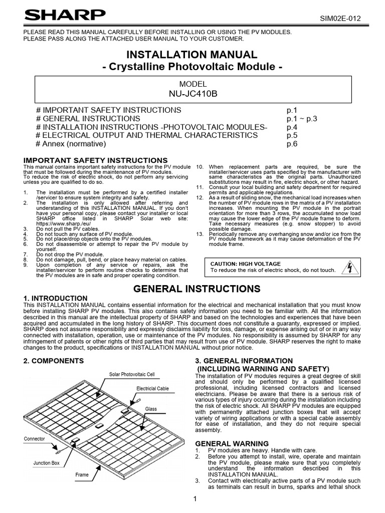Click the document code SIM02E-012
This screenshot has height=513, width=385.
click(x=340, y=19)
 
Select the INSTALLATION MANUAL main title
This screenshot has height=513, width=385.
click(x=192, y=55)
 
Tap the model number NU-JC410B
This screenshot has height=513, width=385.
click(x=192, y=94)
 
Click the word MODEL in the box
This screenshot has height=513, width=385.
click(x=192, y=84)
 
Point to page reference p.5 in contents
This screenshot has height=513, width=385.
click(x=292, y=135)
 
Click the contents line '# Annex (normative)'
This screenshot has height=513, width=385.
click(x=71, y=144)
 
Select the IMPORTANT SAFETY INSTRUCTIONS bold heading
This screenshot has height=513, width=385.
click(x=96, y=160)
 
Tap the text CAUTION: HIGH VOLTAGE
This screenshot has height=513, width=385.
click(x=245, y=264)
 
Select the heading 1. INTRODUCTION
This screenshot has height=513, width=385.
click(x=56, y=299)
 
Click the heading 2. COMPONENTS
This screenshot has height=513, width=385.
click(x=54, y=361)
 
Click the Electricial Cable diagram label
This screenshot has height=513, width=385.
click(x=152, y=389)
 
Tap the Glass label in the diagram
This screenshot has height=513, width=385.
click(x=151, y=409)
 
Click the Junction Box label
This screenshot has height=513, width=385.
click(x=46, y=463)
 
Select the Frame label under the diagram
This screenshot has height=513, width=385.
click(x=82, y=475)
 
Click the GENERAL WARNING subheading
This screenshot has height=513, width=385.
click(x=232, y=443)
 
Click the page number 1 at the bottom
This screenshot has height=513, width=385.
click(x=195, y=499)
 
